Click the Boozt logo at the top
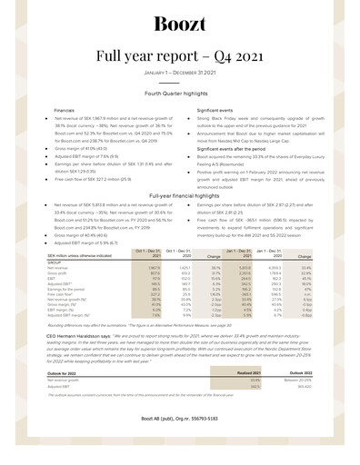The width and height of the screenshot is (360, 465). pos(179,24)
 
